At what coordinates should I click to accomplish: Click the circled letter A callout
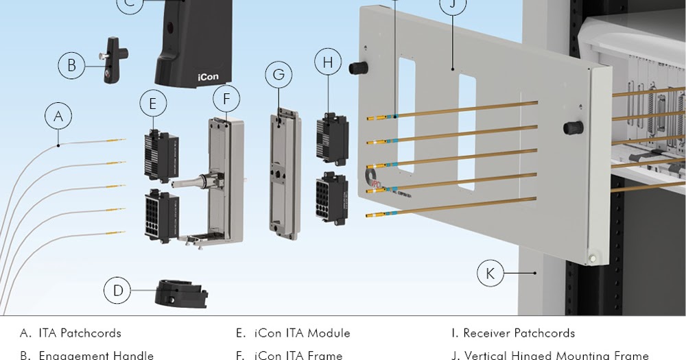[x=58, y=116]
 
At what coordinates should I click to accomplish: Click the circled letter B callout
[x=71, y=67]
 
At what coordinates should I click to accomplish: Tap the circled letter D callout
[x=118, y=291]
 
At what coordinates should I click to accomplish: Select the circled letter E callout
[x=153, y=104]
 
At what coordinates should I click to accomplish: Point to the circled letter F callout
[x=226, y=99]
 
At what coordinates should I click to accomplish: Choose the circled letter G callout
[x=279, y=74]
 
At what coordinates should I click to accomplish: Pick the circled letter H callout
[x=328, y=62]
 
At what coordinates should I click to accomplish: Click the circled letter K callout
[x=490, y=274]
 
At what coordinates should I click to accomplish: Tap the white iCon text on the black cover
[x=208, y=77]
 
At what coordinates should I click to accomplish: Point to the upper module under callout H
[x=331, y=139]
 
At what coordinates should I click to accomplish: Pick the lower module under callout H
[x=331, y=198]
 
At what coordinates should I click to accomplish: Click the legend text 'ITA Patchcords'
[x=80, y=333]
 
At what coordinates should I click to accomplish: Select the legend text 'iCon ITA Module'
[x=302, y=333]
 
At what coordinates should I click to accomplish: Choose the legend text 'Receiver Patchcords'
[x=519, y=333]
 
